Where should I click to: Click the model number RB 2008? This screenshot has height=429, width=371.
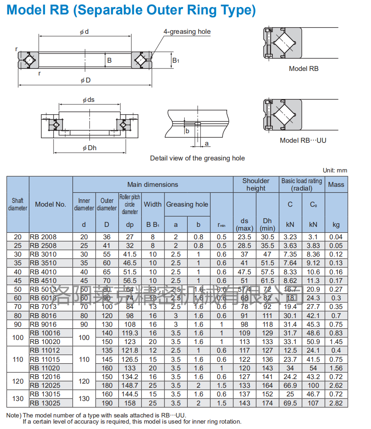click(43, 237)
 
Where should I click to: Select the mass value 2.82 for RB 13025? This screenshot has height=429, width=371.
click(336, 403)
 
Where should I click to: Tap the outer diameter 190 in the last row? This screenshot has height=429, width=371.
click(107, 403)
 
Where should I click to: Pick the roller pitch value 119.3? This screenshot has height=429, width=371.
click(130, 333)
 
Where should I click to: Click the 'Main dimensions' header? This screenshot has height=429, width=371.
click(153, 184)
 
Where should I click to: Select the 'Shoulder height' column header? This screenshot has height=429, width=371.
click(256, 184)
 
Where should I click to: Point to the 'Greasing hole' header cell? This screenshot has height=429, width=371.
click(187, 204)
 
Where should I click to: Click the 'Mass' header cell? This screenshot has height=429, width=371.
click(336, 184)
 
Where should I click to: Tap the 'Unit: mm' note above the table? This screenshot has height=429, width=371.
click(335, 170)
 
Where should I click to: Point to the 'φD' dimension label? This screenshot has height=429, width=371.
click(85, 80)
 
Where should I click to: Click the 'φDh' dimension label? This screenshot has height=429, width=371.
click(89, 148)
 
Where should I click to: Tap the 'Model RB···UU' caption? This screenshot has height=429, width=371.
click(303, 140)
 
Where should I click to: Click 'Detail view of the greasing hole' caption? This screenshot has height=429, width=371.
click(197, 158)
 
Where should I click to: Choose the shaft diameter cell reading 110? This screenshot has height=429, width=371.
click(18, 359)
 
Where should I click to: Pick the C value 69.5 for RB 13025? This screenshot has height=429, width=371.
click(290, 403)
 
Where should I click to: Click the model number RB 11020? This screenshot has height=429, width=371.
click(45, 368)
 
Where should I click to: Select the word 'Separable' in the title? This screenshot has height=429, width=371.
click(109, 10)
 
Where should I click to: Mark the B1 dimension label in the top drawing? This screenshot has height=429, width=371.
click(176, 61)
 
